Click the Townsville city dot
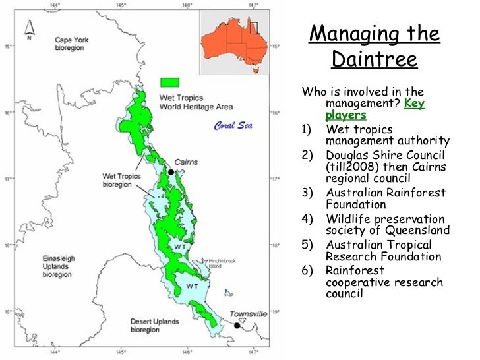pos(237,325)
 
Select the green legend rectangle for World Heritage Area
pos(169,82)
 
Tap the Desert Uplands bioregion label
pos(153,326)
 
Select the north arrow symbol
pos(29,28)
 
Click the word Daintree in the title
pos(374,60)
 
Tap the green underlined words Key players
pos(375,109)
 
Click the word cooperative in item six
pos(361,283)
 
